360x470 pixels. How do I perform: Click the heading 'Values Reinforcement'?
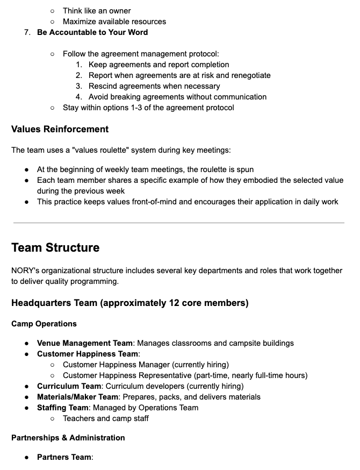60,129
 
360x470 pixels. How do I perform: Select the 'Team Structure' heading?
55,248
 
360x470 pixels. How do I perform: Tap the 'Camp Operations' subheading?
44,324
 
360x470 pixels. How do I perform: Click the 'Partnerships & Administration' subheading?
68,438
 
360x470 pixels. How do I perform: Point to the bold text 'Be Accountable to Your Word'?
92,32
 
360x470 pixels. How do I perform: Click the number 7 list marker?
27,32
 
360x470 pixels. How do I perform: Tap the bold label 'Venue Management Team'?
84,343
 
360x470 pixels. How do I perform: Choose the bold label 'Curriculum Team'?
69,386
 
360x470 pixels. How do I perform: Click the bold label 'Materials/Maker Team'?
77,397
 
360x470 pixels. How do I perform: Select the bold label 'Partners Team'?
64,457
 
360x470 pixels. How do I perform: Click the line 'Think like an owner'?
97,11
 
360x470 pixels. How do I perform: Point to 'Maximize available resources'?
114,22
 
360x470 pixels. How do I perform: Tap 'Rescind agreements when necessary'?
154,86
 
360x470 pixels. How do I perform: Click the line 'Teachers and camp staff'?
106,418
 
